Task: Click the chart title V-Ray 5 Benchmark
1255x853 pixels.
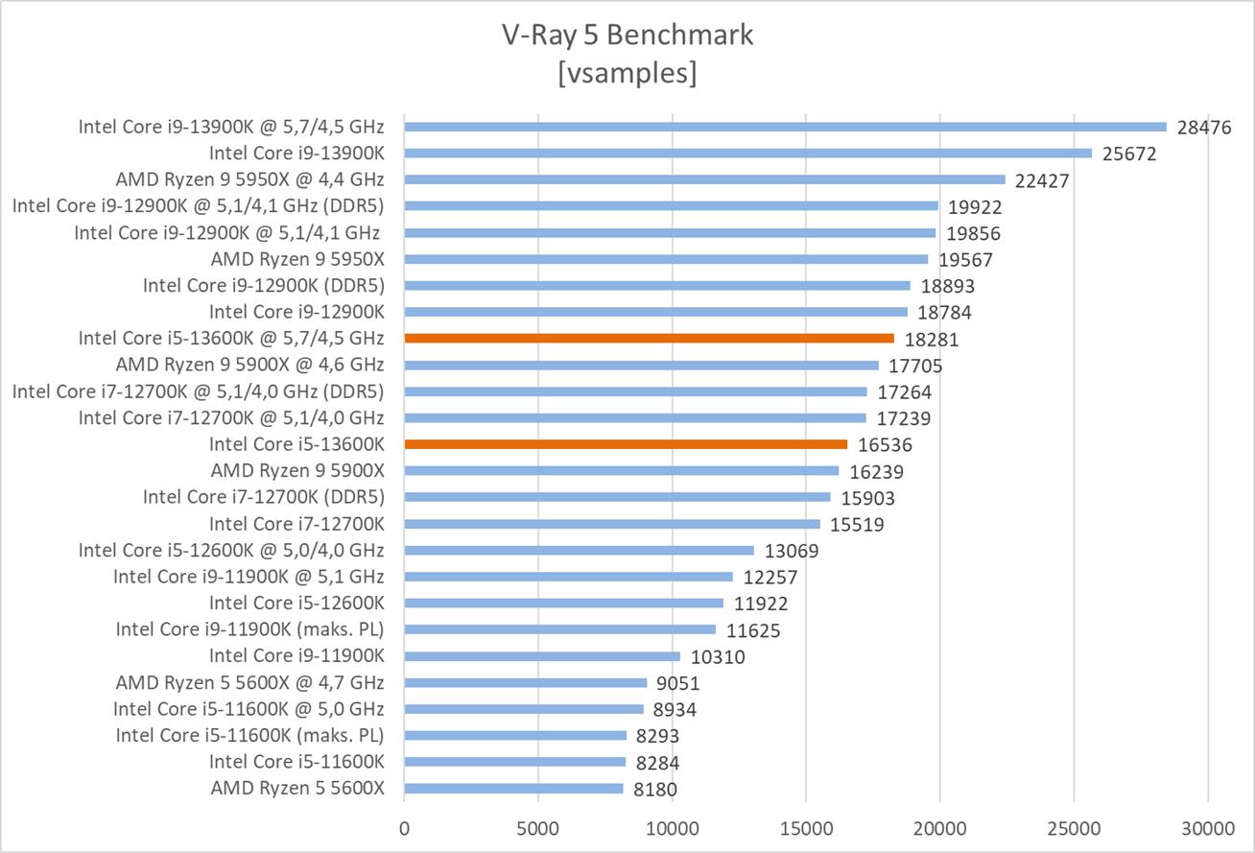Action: click(x=627, y=36)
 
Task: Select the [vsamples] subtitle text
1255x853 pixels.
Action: click(x=627, y=73)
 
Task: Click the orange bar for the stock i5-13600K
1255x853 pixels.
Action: click(x=626, y=444)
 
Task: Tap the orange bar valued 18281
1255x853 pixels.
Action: click(x=649, y=338)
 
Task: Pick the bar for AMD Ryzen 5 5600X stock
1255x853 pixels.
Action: click(x=513, y=789)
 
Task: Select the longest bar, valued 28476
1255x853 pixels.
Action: click(x=785, y=127)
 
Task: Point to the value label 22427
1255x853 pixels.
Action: click(x=1042, y=180)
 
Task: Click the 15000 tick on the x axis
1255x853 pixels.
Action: click(x=806, y=827)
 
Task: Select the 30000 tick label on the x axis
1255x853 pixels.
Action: click(x=1207, y=827)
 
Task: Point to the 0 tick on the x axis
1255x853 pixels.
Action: click(x=405, y=827)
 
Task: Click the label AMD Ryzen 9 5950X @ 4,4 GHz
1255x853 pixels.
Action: click(x=249, y=179)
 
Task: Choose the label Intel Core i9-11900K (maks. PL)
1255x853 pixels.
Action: click(x=249, y=629)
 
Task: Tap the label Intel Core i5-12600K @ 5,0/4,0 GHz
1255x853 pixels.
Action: click(x=231, y=550)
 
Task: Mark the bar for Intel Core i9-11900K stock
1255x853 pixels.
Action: click(x=542, y=656)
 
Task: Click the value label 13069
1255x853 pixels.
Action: click(x=792, y=551)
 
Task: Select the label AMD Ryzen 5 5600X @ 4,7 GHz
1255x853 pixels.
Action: click(x=249, y=682)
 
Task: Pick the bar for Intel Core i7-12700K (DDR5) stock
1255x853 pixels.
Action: click(x=617, y=497)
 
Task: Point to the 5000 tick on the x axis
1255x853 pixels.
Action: click(x=538, y=827)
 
